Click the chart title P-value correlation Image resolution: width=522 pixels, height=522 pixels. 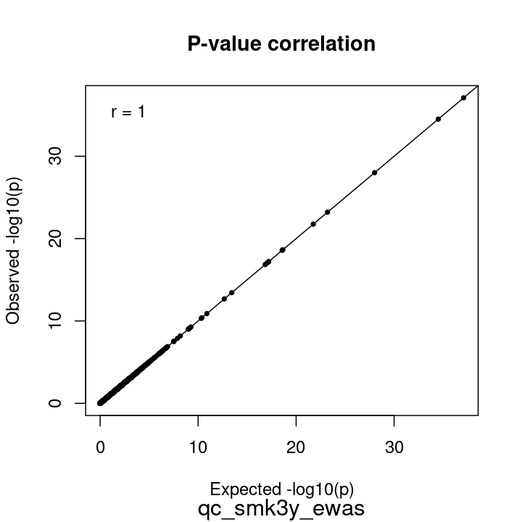(x=281, y=44)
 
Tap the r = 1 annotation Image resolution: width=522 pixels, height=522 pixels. (x=128, y=112)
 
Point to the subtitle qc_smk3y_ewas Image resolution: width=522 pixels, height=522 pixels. (x=281, y=508)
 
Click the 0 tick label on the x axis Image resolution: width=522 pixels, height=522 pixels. (x=100, y=447)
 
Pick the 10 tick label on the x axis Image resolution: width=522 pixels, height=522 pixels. (x=198, y=447)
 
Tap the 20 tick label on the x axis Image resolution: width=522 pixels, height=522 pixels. (x=296, y=447)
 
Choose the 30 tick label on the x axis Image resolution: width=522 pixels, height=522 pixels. (x=394, y=447)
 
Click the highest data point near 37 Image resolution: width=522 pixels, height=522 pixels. (x=463, y=98)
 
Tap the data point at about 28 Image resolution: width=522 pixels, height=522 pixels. (x=374, y=173)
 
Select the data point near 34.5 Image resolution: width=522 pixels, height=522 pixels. (x=438, y=119)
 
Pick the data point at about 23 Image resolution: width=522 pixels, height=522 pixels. (x=328, y=212)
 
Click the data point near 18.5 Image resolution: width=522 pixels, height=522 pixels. (x=282, y=250)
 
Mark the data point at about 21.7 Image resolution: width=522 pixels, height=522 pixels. (x=313, y=224)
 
